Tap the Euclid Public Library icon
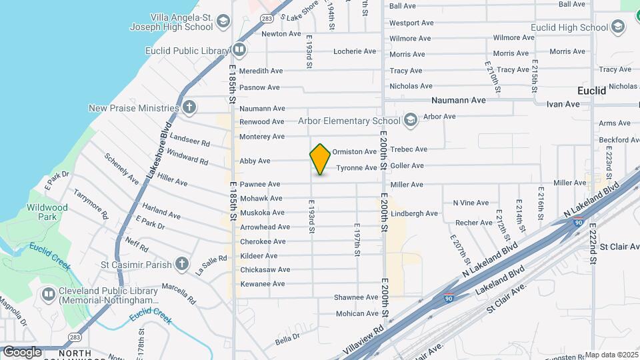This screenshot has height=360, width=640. tap(239, 49)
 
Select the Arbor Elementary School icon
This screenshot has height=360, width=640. tap(411, 120)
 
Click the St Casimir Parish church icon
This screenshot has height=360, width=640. tap(183, 264)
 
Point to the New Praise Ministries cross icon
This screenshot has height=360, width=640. tap(189, 107)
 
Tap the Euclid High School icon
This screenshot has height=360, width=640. tap(619, 27)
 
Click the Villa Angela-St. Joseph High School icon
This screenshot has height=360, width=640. tap(223, 21)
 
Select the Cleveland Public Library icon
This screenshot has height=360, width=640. tap(48, 294)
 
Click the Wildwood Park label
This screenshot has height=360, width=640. tap(47, 212)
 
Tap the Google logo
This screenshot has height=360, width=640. tap(22, 351)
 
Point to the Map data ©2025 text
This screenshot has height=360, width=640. tap(611, 355)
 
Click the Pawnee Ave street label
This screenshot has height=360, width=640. tap(260, 184)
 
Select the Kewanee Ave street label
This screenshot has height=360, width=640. tap(262, 284)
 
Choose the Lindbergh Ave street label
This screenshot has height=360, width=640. tap(414, 214)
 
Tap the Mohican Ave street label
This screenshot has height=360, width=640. tap(357, 313)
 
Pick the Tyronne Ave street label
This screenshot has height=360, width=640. tap(357, 168)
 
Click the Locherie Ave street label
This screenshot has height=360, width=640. tap(355, 51)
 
